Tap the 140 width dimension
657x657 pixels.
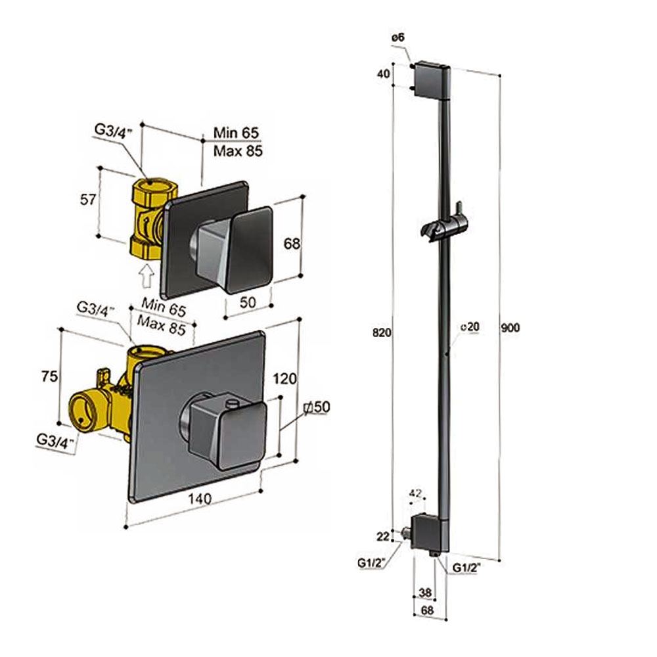pyautogui.click(x=198, y=499)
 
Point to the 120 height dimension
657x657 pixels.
pyautogui.click(x=284, y=378)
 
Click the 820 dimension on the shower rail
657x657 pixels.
pyautogui.click(x=382, y=332)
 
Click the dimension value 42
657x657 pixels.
pyautogui.click(x=415, y=492)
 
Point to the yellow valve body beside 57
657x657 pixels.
pyautogui.click(x=150, y=217)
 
